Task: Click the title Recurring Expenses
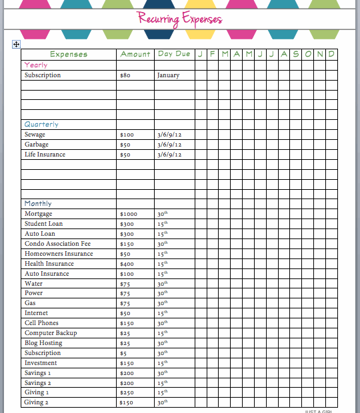coord(180,18)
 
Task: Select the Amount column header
coord(135,54)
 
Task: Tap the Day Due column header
coord(174,54)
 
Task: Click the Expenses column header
coord(69,54)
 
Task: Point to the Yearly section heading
coord(35,65)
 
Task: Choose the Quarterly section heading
coord(41,124)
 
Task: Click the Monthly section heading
coord(38,203)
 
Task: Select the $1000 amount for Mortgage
coord(128,214)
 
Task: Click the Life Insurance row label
coord(45,155)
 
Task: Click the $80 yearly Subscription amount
coord(124,75)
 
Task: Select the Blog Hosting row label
coord(44,343)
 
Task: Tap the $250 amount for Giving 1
coord(126,393)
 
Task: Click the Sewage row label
coord(35,135)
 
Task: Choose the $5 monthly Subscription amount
coord(123,353)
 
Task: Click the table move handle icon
coord(16,44)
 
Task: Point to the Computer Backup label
coord(51,333)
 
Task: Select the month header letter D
coord(331,54)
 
